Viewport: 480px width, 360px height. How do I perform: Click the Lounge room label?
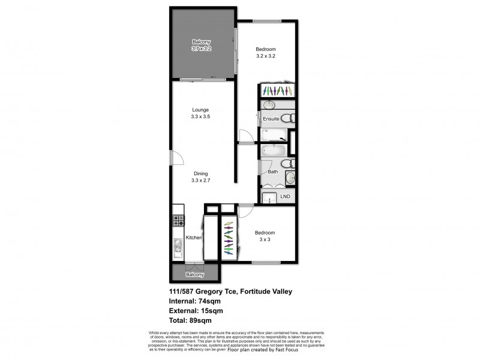[200, 110]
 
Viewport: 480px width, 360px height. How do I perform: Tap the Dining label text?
[200, 173]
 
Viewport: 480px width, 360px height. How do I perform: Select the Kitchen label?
[193, 238]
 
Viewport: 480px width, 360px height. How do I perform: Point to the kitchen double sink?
[178, 247]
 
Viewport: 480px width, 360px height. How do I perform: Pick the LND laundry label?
[285, 196]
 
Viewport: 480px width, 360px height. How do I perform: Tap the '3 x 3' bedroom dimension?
[265, 239]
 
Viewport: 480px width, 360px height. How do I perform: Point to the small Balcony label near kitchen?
[195, 275]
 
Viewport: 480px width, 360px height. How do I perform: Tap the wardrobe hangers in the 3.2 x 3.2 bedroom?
[277, 91]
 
